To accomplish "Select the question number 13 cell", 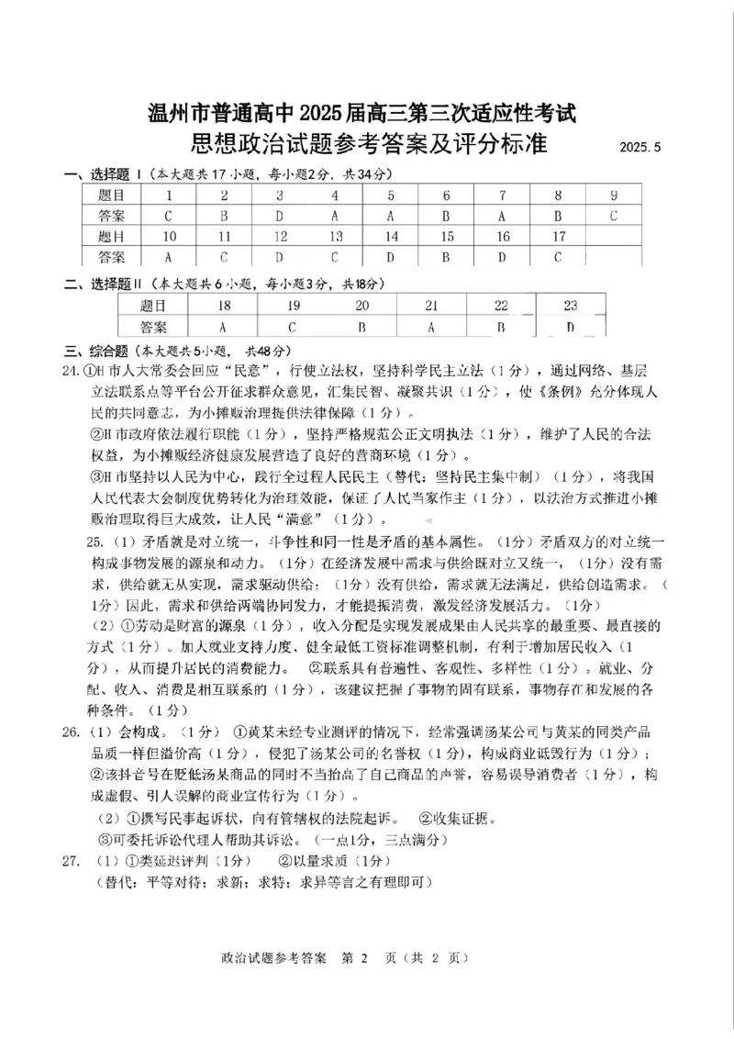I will (335, 237).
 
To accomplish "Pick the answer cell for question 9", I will (613, 216).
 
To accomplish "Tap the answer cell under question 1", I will (168, 216).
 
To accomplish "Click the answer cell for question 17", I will (557, 257).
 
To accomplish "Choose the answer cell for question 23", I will (570, 327).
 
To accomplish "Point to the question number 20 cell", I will (362, 306).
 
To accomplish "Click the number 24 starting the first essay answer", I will (71, 371).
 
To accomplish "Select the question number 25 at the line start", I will (95, 542).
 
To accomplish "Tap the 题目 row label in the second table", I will (154, 306).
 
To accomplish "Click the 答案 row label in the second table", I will (154, 327).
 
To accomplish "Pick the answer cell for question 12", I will (279, 257).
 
